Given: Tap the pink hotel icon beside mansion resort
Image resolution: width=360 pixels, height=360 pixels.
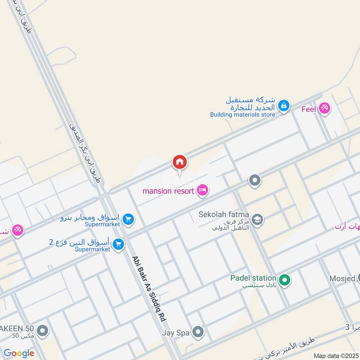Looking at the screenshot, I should click(202, 191).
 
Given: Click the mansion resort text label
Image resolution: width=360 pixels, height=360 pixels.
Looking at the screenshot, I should click(169, 191).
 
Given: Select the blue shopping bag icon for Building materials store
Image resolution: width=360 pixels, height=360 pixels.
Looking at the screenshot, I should click(283, 106).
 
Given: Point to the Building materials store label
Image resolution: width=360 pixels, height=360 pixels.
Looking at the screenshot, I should click(243, 114).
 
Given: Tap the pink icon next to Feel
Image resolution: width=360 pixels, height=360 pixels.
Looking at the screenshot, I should click(324, 108).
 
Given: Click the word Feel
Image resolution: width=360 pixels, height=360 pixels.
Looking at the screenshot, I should click(309, 108).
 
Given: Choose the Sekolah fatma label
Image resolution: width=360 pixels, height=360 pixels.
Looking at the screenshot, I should click(224, 214).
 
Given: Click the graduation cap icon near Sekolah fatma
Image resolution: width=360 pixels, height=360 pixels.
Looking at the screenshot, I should click(257, 219).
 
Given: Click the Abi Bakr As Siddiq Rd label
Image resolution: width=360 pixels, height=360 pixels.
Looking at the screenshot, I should click(148, 288).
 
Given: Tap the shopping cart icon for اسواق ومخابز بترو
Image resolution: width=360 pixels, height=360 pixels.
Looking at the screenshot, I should click(129, 219).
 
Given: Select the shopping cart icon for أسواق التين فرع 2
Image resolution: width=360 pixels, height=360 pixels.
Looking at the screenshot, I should click(119, 244).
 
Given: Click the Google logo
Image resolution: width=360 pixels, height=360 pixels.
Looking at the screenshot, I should click(19, 353).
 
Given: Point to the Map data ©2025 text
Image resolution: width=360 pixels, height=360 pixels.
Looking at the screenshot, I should click(335, 355).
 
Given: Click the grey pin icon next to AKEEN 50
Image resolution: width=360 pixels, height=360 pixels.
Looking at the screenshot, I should click(43, 332).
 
